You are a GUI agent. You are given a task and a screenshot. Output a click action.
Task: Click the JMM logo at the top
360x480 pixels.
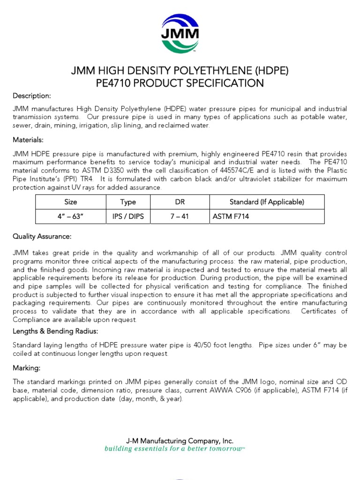[180, 33]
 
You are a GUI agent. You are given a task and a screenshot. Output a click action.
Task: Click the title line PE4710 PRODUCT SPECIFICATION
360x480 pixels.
[180, 83]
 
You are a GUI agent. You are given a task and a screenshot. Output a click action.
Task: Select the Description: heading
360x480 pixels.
[31, 96]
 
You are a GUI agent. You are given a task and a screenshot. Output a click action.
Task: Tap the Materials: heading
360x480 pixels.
[28, 140]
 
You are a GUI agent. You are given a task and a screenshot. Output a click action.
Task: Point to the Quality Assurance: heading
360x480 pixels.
[42, 236]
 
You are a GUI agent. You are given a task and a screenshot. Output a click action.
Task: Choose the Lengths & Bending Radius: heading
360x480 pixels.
[55, 331]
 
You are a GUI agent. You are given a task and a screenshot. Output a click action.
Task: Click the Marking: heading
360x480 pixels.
[26, 367]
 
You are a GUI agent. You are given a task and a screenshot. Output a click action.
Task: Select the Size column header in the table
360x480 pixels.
[71, 202]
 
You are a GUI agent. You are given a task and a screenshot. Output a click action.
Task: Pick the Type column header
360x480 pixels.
[128, 202]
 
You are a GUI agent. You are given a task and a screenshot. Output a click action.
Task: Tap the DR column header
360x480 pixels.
[180, 202]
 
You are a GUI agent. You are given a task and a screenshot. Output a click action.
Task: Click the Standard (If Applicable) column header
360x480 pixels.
[267, 202]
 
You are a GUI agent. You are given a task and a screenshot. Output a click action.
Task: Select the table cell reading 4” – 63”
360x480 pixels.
[71, 217]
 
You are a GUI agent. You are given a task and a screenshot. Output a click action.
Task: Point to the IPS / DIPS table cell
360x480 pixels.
[128, 217]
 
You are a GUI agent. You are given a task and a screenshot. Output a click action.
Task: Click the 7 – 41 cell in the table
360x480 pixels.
[180, 217]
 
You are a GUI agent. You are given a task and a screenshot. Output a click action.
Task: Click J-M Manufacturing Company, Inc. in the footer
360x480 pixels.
[180, 441]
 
